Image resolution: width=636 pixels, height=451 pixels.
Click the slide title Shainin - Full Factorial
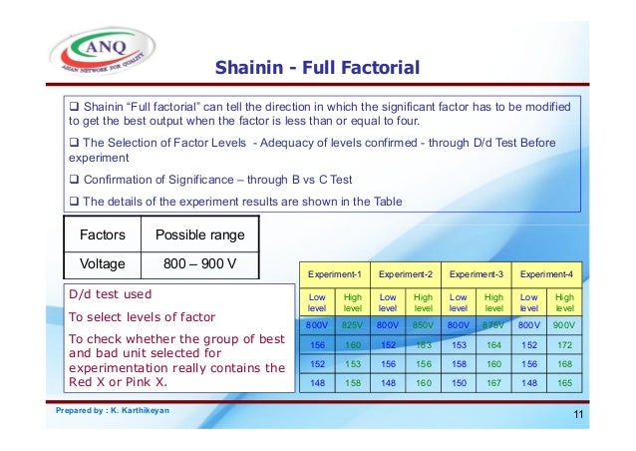[317, 68]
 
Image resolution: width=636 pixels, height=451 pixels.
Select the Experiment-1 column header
[334, 272]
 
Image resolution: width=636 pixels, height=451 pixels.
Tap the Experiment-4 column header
[545, 272]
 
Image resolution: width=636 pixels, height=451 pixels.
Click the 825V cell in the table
[352, 325]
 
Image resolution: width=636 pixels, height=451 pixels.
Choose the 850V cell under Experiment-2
[423, 325]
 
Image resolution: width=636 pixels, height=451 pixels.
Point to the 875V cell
[492, 325]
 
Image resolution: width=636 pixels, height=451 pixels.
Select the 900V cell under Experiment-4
[563, 325]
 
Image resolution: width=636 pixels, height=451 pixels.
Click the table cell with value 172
[563, 344]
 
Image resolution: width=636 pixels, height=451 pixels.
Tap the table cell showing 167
[492, 382]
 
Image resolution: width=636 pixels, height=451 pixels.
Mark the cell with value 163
[423, 344]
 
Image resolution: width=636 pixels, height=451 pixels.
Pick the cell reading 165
[563, 382]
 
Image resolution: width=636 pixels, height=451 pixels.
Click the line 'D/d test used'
[110, 295]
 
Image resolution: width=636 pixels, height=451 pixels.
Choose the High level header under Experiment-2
[423, 303]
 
